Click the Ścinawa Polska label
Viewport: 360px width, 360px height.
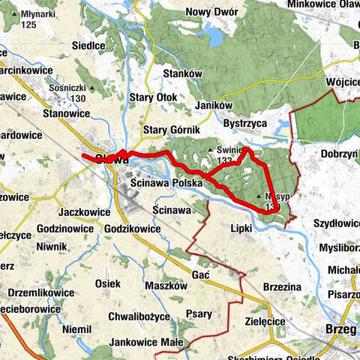[166, 182]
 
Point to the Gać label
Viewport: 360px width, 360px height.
[200, 274]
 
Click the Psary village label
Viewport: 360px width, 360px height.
[199, 314]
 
